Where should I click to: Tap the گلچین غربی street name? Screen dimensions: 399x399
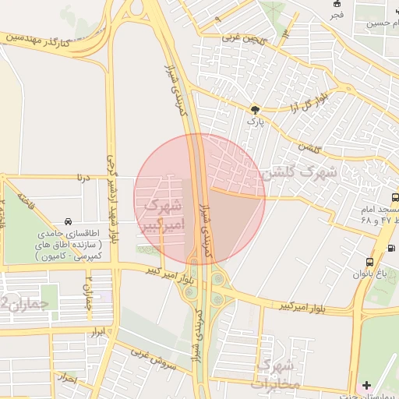point(242,37)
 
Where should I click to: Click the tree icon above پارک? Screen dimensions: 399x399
point(253,110)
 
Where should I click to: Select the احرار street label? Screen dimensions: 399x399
point(69,380)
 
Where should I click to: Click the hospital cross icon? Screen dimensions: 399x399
point(367,385)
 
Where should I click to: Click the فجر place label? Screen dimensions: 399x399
point(336,15)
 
